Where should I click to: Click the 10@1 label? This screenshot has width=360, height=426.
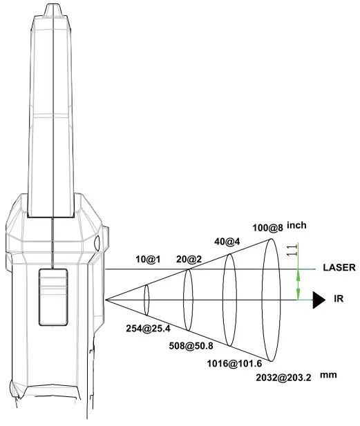tap(148, 260)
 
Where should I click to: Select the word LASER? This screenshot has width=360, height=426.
tap(339, 268)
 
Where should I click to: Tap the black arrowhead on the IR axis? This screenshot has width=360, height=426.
tap(318, 300)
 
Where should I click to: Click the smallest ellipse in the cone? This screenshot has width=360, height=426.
tap(146, 300)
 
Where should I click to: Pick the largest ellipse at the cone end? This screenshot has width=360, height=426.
tap(270, 300)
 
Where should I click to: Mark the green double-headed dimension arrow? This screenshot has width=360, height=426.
tap(298, 284)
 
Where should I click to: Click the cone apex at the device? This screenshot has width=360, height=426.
tap(106, 300)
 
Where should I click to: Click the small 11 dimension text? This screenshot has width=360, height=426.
tap(295, 251)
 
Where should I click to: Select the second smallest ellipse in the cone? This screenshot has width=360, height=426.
tap(187, 300)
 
